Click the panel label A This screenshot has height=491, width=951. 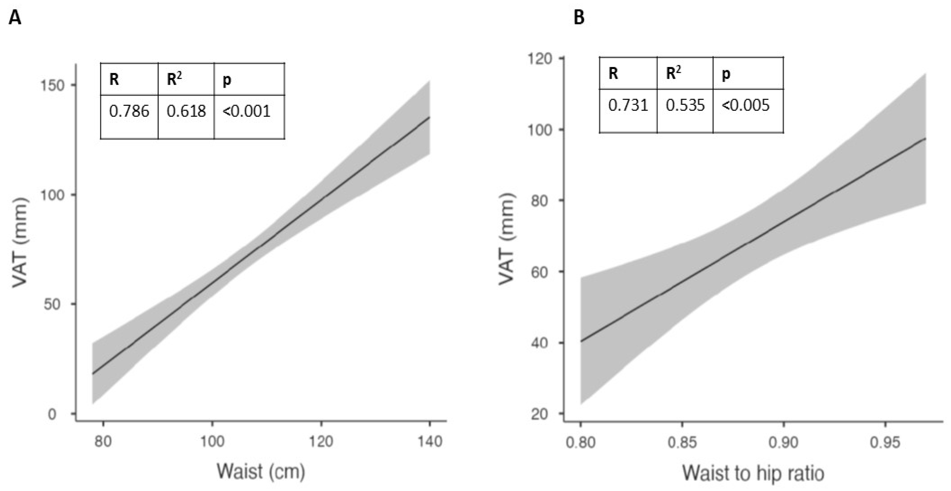pyautogui.click(x=15, y=18)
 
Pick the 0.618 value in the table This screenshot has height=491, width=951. pyautogui.click(x=186, y=111)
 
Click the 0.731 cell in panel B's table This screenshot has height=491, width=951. pyautogui.click(x=628, y=105)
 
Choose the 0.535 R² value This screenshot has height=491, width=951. pyautogui.click(x=685, y=105)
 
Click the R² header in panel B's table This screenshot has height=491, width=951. pyautogui.click(x=673, y=73)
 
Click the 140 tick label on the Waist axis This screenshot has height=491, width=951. pyautogui.click(x=430, y=441)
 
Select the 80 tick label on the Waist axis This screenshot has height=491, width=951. pyautogui.click(x=103, y=441)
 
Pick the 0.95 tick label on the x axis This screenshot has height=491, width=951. pyautogui.click(x=885, y=442)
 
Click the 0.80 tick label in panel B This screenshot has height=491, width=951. pyautogui.click(x=581, y=442)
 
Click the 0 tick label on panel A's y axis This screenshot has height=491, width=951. pyautogui.click(x=52, y=414)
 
